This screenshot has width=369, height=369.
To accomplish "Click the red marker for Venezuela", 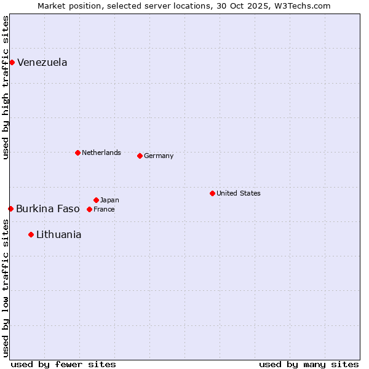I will pos(12,62).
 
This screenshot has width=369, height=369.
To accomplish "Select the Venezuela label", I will pos(42,62).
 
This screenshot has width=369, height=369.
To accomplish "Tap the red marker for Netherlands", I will pos(77,153).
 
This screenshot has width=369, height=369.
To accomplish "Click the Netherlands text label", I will pos(101,153).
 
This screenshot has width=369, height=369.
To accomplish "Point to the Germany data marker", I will pos(140,156).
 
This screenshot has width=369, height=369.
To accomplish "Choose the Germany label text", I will pos(159,156).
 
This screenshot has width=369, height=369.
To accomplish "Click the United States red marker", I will pos(212,193).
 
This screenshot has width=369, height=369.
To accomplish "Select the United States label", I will pos(238,193).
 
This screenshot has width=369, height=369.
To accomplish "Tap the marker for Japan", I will pos(96,200).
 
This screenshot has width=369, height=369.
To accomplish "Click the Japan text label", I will pos(109,200).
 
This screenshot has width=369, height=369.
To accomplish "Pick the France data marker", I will pos(89,209).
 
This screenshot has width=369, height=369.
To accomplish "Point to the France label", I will pos(104,209).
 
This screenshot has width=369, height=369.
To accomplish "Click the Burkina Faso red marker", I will pos(10,208).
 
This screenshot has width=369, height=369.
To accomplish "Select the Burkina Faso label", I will pos(47,208).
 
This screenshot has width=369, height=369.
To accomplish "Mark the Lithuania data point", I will pos(31,234).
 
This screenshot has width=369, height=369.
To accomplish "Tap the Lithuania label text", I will pos(58,234).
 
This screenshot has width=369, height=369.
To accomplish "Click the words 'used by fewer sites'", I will pos(63,364).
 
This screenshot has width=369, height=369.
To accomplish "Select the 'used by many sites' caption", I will pos(309,364).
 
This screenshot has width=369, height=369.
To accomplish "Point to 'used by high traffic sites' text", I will pos(6,87).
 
